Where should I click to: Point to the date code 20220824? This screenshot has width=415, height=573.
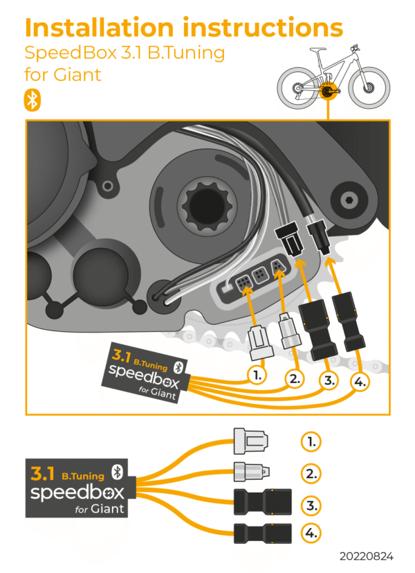point(366,556)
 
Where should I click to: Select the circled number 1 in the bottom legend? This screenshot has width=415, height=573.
point(311,441)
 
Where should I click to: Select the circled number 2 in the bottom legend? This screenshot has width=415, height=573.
point(311,474)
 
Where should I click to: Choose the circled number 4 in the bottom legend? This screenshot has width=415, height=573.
point(311,534)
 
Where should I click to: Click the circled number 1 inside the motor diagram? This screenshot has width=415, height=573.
point(257,375)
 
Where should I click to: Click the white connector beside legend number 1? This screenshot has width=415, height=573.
point(249,440)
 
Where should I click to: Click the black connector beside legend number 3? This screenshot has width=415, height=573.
point(260,501)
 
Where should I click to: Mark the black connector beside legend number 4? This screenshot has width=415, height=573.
point(260,534)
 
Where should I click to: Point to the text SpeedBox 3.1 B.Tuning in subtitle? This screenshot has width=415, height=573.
point(124,53)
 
